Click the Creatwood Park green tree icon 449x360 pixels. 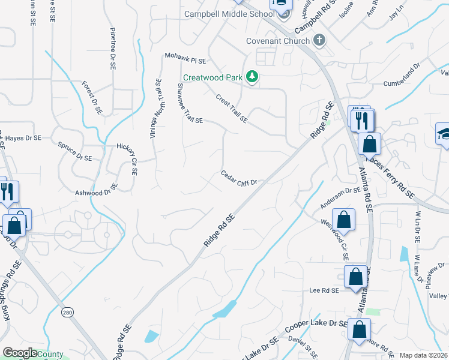pyautogui.click(x=253, y=77)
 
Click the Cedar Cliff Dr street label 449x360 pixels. pyautogui.click(x=239, y=178)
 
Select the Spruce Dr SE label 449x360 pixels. pyautogui.click(x=75, y=152)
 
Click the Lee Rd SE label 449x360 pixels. pyautogui.click(x=325, y=290)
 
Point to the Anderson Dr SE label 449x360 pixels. pyautogui.click(x=340, y=199)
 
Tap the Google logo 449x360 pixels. pyautogui.click(x=20, y=353)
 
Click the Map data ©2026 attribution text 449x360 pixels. pyautogui.click(x=423, y=355)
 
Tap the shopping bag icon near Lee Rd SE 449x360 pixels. pyautogui.click(x=355, y=278)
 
